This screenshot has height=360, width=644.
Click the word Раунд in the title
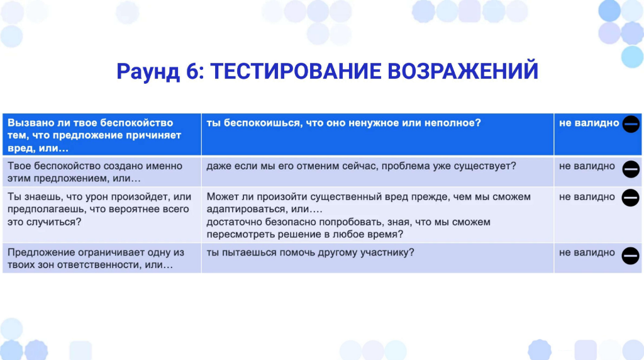click(148, 72)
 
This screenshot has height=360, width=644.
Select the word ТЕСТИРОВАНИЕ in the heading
click(296, 71)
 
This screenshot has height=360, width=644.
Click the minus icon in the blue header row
click(631, 124)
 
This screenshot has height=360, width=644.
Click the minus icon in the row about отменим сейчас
click(631, 169)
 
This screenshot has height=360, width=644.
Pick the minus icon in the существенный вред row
click(630, 198)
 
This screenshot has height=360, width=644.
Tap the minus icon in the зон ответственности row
click(630, 256)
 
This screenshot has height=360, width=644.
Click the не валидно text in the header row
click(589, 123)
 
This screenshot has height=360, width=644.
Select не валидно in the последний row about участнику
click(587, 253)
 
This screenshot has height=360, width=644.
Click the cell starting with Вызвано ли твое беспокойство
click(102, 135)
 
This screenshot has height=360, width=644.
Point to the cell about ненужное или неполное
click(377, 135)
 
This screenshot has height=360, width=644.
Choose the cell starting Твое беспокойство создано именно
click(102, 172)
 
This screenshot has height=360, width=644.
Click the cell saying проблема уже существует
click(377, 172)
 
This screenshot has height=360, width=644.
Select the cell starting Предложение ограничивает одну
click(102, 258)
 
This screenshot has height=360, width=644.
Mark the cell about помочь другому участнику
click(377, 258)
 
